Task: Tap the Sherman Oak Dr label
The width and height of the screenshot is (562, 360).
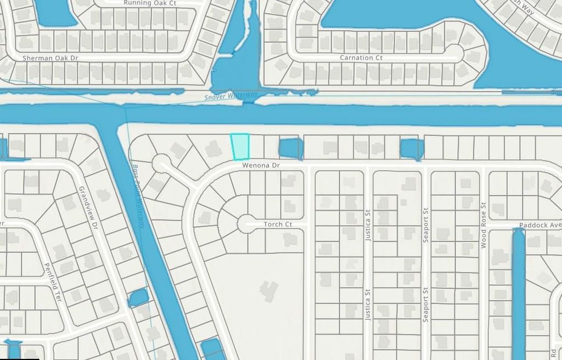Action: pos(50,58)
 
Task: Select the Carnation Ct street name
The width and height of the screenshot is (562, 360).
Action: pos(361,58)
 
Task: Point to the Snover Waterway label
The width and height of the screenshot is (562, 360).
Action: pos(231,96)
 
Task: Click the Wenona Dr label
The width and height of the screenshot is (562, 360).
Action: pos(260,165)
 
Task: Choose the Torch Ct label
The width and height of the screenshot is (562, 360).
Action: pos(278,224)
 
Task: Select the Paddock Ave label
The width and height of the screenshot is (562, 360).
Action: pos(540,225)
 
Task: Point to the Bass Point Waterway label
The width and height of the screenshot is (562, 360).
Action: pos(138,195)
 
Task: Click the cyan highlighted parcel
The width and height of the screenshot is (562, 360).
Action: pos(240,147)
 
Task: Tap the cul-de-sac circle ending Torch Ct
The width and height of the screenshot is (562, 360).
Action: pos(246,224)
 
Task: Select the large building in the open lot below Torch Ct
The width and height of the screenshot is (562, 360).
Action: pos(269,289)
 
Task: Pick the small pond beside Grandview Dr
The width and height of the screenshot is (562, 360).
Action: pos(138,297)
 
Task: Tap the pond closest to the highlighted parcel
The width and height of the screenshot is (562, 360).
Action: pos(291,148)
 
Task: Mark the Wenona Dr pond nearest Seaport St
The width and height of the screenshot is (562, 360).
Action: pos(412,148)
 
